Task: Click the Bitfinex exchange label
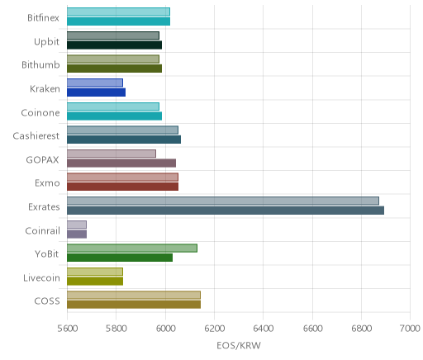coord(43,18)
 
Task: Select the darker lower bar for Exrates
coord(226,211)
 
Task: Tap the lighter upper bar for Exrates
coord(223,201)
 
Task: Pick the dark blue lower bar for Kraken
coord(96,92)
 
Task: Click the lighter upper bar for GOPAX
coord(112,154)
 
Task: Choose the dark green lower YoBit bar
coord(120,258)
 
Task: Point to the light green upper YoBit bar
coord(132,249)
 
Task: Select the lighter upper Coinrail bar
coord(77,225)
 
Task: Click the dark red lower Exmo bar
coord(122,187)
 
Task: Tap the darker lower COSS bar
coord(134,305)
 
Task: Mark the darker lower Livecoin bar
coord(95,282)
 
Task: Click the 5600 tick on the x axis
coord(67,329)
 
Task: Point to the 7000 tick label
coord(410,329)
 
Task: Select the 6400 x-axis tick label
coord(264,329)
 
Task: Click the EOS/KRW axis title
coord(239,346)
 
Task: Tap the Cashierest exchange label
coord(36,136)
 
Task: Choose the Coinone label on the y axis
coord(40,113)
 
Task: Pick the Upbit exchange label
coord(46,42)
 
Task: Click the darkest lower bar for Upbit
coord(114,45)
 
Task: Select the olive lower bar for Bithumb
coord(114,69)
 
